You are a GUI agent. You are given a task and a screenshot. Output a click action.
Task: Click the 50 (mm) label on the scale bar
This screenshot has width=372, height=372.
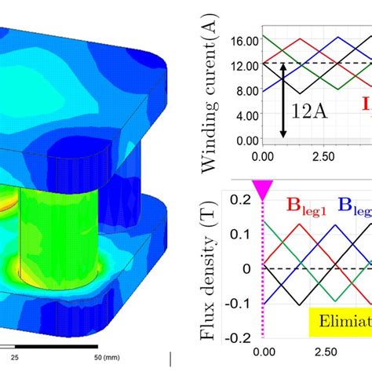111,354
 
